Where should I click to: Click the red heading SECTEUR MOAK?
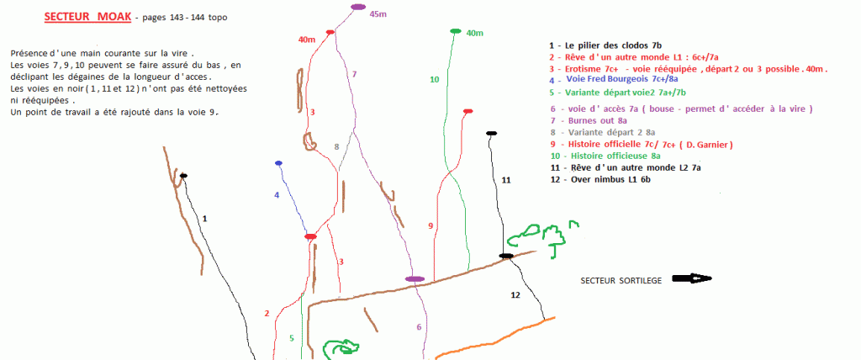click(x=87, y=17)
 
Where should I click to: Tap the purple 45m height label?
click(x=378, y=14)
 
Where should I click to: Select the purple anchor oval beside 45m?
click(x=358, y=7)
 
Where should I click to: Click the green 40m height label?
click(x=474, y=34)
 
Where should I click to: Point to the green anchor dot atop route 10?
click(x=455, y=31)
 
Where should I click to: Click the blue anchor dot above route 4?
click(x=278, y=163)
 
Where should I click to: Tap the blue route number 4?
click(x=277, y=194)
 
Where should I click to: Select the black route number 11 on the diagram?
click(x=506, y=180)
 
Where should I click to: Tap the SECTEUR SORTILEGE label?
click(x=621, y=280)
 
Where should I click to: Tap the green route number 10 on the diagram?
click(x=435, y=80)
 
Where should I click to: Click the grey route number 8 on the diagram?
click(x=337, y=146)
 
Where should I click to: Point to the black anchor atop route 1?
click(x=183, y=176)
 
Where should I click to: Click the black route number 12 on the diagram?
click(x=515, y=295)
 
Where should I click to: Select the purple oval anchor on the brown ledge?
click(x=415, y=279)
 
